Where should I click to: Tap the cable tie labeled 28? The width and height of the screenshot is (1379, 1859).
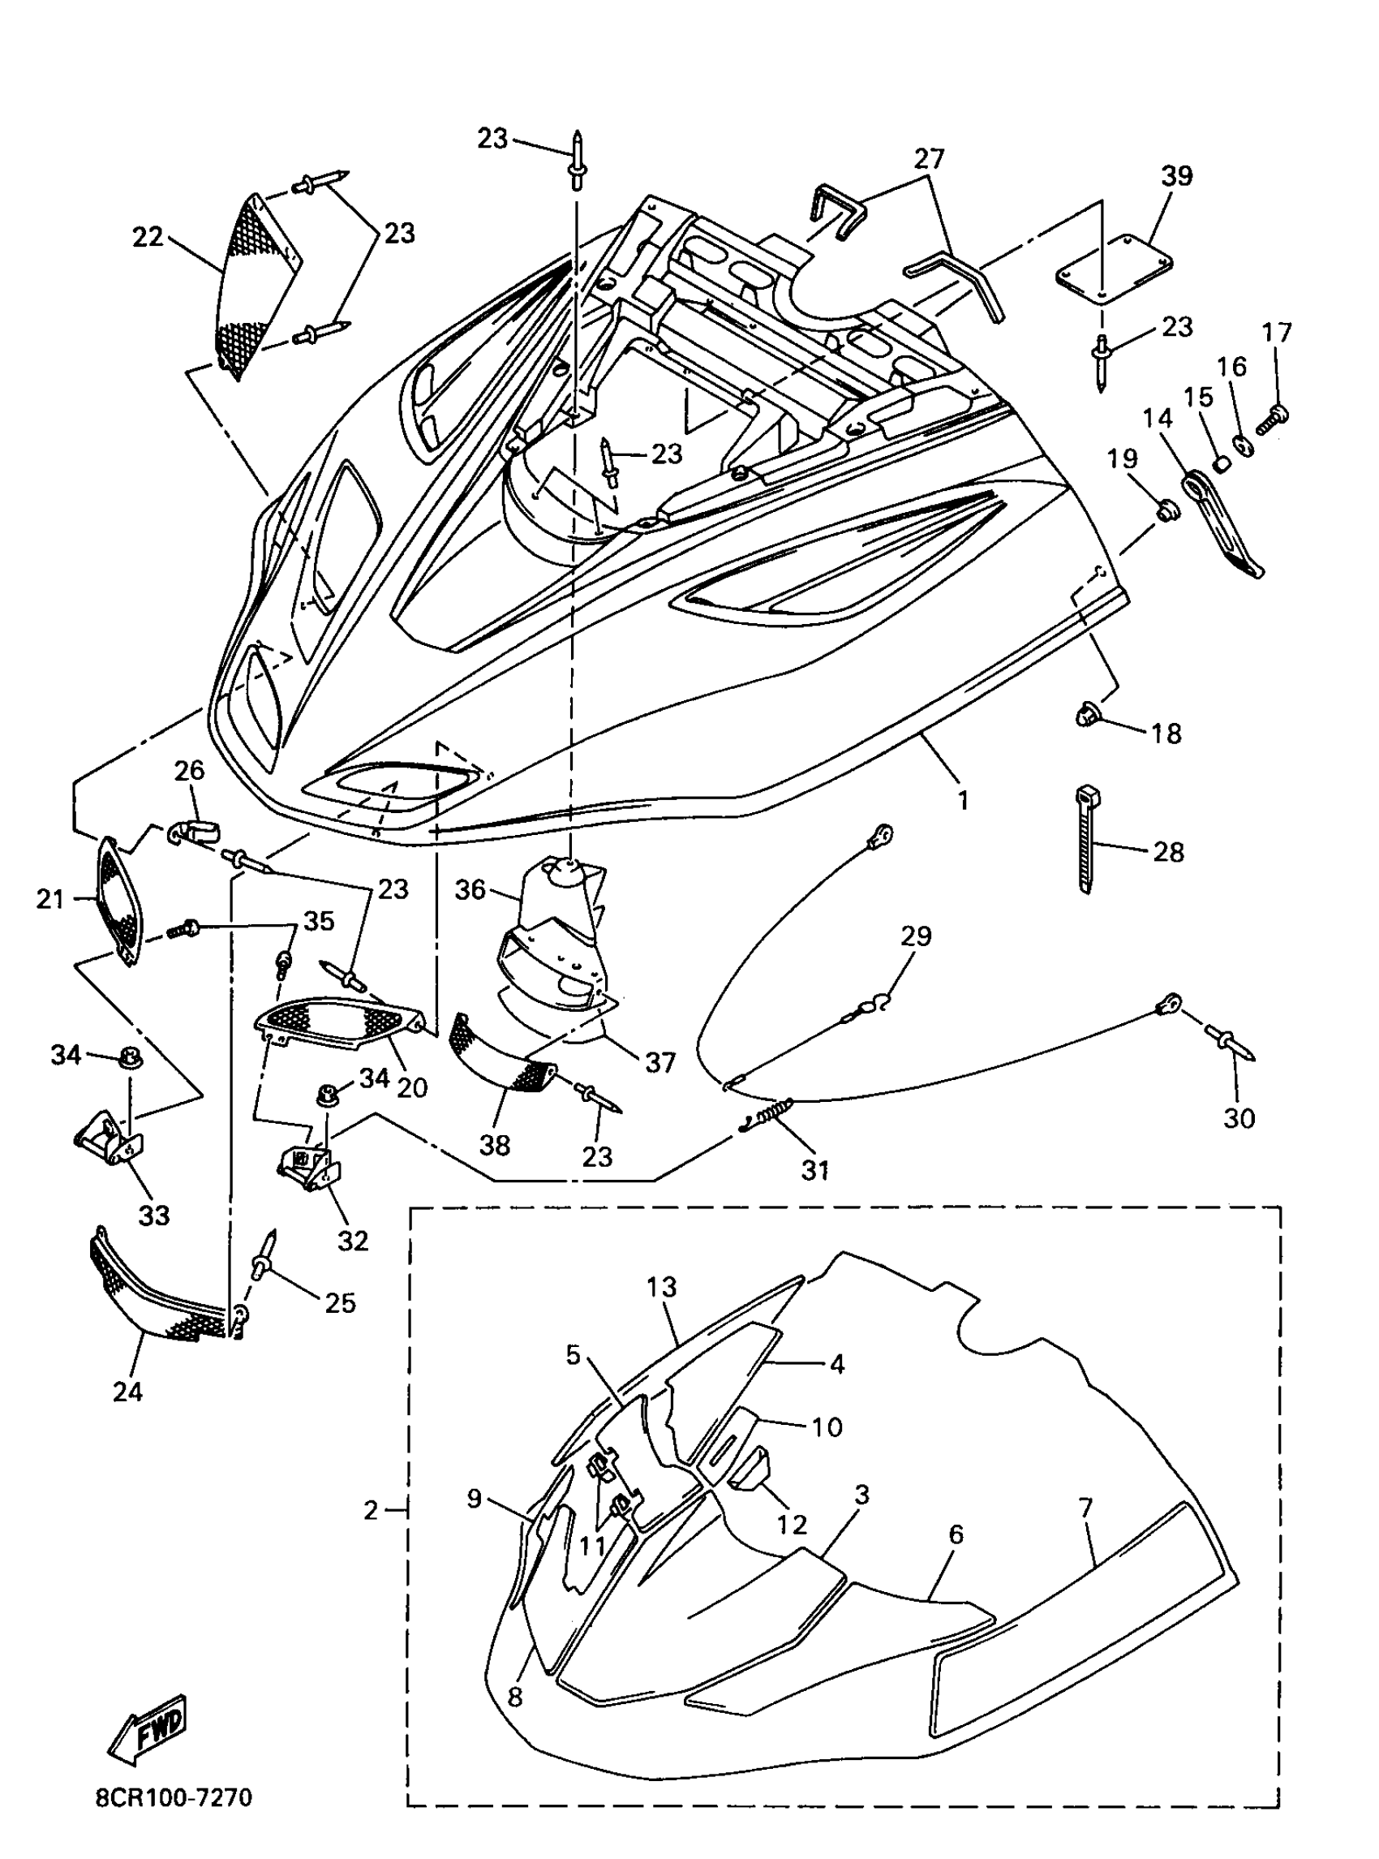[x=1086, y=838]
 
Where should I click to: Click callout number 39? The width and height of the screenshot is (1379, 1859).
[x=1177, y=176]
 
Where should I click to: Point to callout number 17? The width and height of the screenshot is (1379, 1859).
[x=1277, y=333]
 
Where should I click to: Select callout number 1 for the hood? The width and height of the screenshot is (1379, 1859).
[x=964, y=800]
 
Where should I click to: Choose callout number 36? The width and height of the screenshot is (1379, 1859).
[x=470, y=889]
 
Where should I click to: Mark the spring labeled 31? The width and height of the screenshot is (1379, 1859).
[x=768, y=1114]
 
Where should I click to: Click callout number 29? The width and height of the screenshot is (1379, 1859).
[x=916, y=936]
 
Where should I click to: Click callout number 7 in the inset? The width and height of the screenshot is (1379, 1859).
[x=1085, y=1508]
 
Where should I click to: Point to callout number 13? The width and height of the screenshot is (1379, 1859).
[x=661, y=1287]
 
